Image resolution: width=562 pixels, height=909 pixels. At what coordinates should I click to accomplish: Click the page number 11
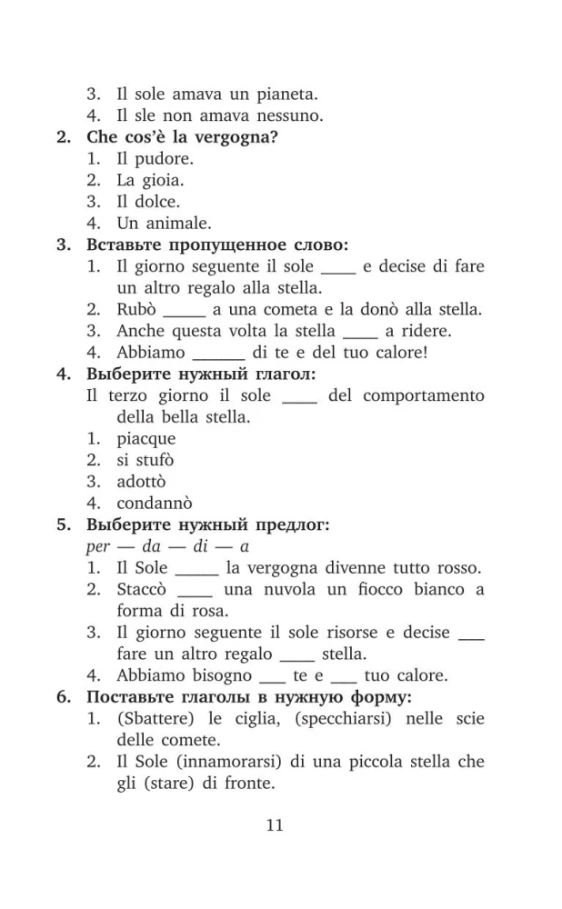[276, 825]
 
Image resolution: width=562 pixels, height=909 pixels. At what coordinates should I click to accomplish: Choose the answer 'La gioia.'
[150, 180]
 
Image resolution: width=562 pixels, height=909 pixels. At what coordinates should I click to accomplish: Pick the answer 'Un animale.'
[164, 223]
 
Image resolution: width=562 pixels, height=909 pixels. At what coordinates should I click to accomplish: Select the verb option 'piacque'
[146, 439]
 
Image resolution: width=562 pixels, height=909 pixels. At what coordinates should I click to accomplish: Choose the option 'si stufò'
[145, 460]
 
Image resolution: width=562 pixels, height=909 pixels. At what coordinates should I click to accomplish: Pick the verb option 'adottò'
[141, 482]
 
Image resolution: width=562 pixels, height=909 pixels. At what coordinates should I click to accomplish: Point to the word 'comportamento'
[426, 395]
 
